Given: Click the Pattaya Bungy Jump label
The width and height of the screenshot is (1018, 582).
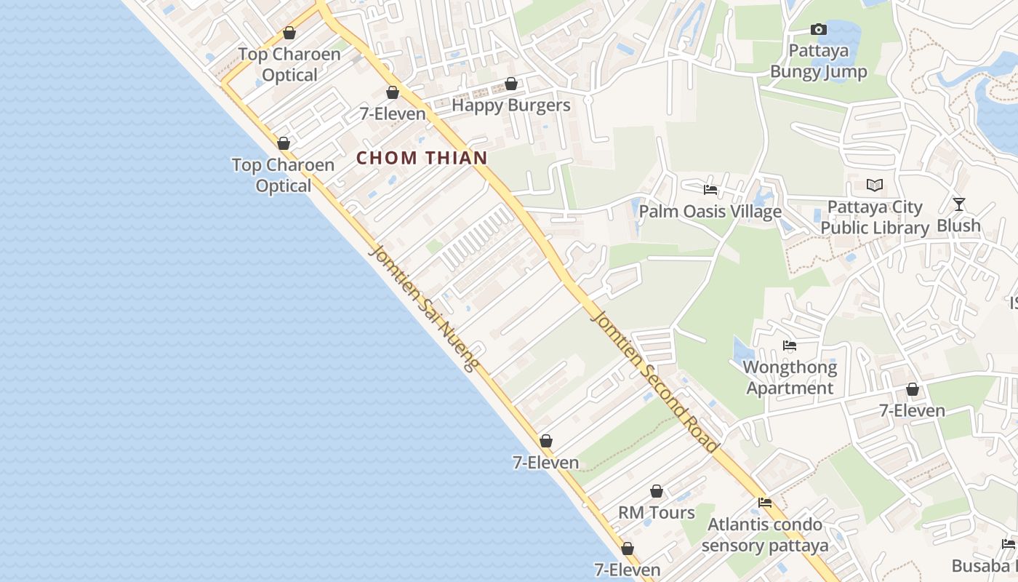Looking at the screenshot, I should [x=819, y=61].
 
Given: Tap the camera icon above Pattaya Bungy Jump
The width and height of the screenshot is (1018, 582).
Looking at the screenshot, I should [x=819, y=30].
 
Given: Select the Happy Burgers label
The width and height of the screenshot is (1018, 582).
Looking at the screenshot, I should [x=511, y=105].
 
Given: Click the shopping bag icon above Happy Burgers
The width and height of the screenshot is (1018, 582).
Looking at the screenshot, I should [x=511, y=84].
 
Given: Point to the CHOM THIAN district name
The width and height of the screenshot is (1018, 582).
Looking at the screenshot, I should [x=422, y=158].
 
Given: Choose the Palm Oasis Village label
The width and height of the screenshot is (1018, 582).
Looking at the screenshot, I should [x=710, y=212].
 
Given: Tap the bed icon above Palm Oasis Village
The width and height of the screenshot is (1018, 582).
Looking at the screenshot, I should [x=710, y=190].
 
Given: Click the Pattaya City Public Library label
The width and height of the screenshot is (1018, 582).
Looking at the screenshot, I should [x=875, y=218].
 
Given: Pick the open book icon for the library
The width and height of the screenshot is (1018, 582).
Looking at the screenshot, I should [x=875, y=186].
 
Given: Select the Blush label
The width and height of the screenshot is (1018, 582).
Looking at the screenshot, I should [x=958, y=226].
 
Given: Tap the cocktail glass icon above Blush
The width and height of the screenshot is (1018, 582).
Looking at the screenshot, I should [x=959, y=204].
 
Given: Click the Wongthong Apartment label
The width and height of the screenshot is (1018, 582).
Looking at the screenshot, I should [x=790, y=378].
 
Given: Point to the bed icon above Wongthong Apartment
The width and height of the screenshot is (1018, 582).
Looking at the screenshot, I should [x=790, y=346].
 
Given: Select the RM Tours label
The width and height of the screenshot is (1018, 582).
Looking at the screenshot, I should [x=657, y=513].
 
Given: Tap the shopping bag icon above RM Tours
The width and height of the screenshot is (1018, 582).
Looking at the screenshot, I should [x=657, y=492].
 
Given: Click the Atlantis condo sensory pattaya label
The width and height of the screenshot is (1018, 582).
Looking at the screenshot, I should [x=765, y=535].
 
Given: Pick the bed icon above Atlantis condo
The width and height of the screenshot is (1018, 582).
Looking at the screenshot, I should [x=765, y=503].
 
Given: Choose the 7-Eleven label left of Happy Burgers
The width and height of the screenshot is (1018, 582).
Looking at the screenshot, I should [x=393, y=114].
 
